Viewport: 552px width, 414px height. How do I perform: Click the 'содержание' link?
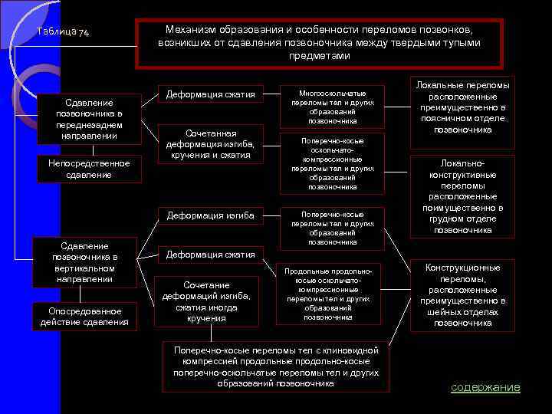485,387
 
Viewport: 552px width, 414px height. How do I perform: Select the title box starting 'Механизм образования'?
319,43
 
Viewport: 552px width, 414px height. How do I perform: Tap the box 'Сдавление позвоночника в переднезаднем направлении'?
89,119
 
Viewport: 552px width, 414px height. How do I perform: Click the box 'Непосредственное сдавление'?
89,169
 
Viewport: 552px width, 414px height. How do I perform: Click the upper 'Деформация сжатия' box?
211,95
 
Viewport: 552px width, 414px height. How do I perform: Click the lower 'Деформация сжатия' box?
211,255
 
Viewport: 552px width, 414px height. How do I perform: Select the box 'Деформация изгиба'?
211,215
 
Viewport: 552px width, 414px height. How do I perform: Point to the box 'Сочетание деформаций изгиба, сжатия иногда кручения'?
206,301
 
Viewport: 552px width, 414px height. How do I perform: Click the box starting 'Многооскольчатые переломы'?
332,106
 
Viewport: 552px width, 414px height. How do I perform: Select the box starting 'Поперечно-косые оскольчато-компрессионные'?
332,163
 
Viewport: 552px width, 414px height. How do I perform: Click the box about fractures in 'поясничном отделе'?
462,105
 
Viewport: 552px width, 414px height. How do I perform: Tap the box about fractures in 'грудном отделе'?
462,196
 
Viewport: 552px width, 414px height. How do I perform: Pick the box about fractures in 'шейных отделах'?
462,295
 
